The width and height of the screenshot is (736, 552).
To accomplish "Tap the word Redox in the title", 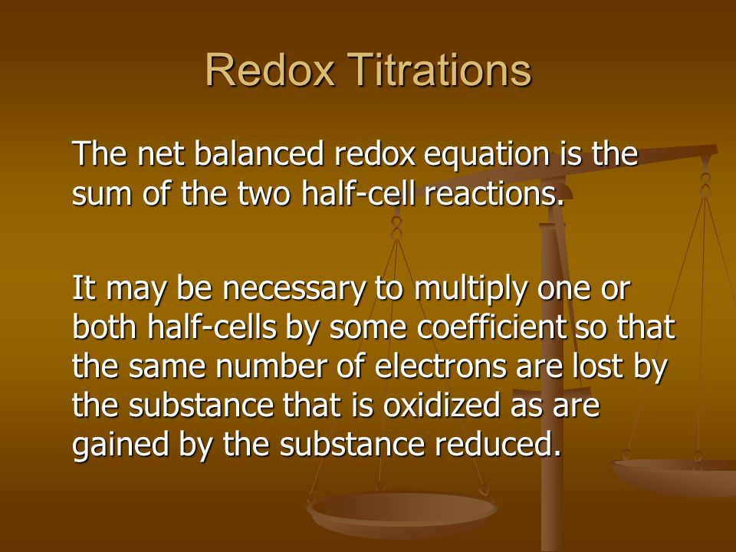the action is coord(270,70).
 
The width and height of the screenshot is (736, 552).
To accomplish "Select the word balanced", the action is coord(258,153).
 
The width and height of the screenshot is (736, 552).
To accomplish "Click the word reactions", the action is coord(493,193).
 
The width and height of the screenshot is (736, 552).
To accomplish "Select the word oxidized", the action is coord(442,405).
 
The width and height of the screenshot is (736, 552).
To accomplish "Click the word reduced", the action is coord(498,444).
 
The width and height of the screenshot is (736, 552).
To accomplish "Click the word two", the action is coord(264,194).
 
